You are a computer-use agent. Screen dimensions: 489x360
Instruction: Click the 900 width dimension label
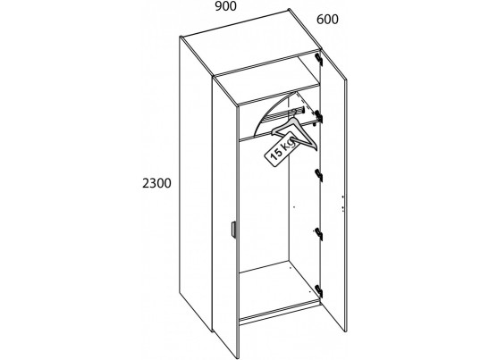226,6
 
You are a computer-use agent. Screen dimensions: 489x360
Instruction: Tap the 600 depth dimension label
327,20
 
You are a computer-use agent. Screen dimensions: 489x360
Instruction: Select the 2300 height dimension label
156,183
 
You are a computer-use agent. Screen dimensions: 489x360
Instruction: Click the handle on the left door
233,230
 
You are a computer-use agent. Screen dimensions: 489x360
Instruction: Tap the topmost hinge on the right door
318,59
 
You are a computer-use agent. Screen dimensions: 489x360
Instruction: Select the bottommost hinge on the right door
319,291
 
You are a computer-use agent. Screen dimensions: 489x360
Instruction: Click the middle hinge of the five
319,175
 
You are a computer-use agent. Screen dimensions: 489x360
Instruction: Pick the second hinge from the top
318,116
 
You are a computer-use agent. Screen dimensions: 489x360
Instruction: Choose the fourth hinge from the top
319,234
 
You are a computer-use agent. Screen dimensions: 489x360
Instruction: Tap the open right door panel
333,190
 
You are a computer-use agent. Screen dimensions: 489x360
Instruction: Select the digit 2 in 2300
146,183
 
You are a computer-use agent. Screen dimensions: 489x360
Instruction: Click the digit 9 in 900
219,6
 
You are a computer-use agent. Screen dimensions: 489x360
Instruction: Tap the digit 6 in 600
320,20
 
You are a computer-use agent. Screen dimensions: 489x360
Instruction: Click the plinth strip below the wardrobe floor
280,314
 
